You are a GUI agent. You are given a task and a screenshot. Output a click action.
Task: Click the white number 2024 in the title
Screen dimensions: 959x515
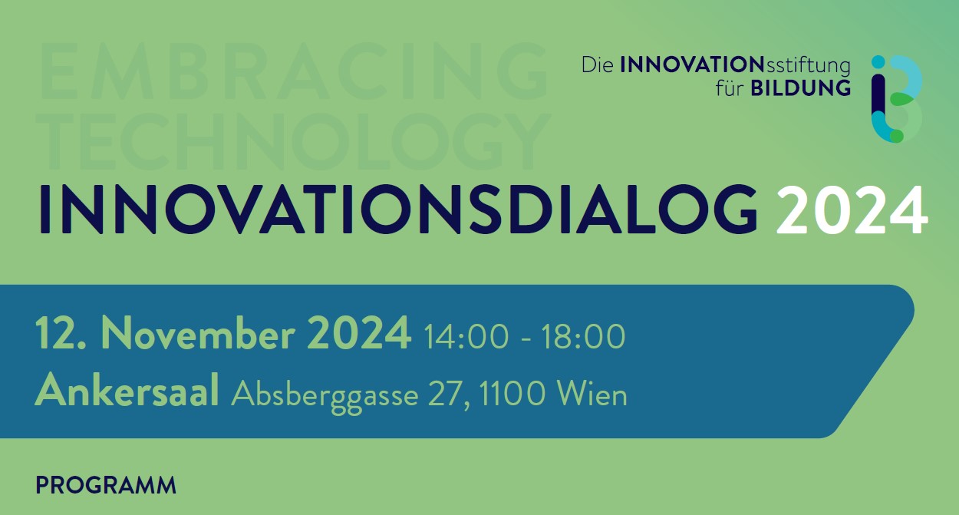[852, 210]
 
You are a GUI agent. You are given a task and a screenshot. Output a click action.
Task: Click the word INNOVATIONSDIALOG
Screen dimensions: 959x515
[398, 210]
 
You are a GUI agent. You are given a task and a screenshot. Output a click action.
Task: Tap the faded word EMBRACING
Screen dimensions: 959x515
[293, 71]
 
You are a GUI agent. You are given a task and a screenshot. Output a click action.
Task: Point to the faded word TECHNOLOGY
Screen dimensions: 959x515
[293, 141]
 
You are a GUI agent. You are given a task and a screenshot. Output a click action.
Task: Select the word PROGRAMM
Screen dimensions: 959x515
[106, 485]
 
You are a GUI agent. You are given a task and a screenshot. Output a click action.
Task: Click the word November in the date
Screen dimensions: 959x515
[198, 334]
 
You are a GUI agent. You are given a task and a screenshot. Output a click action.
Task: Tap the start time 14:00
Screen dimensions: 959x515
[466, 336]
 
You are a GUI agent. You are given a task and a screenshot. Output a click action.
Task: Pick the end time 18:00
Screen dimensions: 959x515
[583, 336]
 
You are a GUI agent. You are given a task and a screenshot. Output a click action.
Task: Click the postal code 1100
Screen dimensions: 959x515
[512, 394]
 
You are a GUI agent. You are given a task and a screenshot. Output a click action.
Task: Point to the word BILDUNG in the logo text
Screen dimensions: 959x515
[801, 88]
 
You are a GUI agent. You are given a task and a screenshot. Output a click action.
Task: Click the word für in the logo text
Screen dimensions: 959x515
[729, 87]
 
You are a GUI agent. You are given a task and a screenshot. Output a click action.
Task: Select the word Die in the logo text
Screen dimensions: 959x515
[597, 65]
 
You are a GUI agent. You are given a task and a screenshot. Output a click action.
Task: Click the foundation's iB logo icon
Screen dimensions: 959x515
[897, 99]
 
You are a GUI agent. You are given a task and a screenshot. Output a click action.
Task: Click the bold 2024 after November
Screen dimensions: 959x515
[359, 334]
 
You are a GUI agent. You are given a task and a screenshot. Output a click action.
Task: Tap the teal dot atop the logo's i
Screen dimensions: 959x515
[878, 61]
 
